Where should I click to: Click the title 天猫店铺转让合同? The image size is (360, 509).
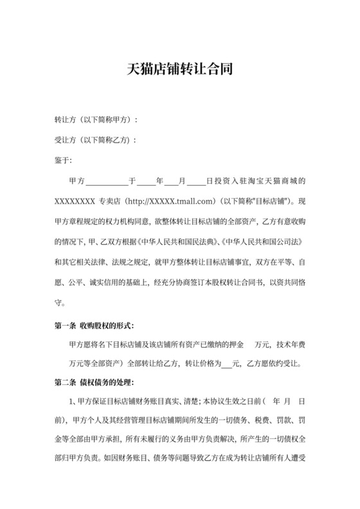(179, 68)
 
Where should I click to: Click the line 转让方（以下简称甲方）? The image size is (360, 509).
(96, 120)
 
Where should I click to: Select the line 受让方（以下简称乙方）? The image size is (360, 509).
(96, 140)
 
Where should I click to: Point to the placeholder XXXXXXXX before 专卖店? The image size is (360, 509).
(76, 201)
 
